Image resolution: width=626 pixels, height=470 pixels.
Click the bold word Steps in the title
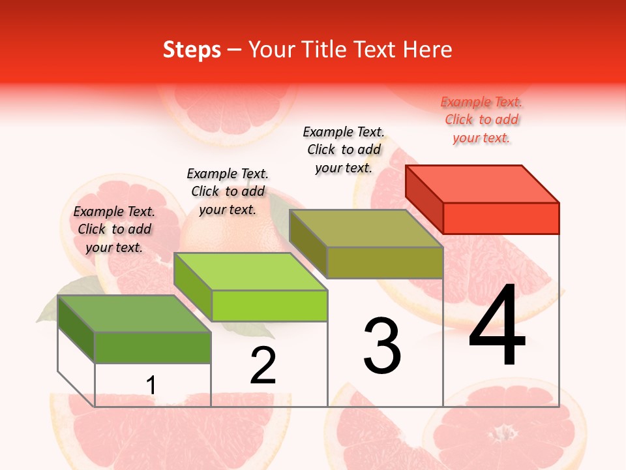[x=192, y=50]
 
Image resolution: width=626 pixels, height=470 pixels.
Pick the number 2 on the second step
[x=263, y=366]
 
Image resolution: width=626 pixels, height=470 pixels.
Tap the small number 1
[x=151, y=386]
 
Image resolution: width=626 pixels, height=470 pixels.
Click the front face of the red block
[x=501, y=218]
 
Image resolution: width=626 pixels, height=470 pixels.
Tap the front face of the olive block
[x=385, y=262]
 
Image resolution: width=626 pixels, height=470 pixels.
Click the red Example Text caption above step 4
[x=481, y=119]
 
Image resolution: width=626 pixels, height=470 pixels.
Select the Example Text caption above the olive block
[x=344, y=149]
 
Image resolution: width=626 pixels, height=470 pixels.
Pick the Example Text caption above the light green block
[x=228, y=191]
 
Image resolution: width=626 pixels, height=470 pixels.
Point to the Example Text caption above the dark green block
[x=114, y=229]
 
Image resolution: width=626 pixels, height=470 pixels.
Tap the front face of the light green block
[x=269, y=305]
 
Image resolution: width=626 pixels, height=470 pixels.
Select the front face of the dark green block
[x=153, y=347]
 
